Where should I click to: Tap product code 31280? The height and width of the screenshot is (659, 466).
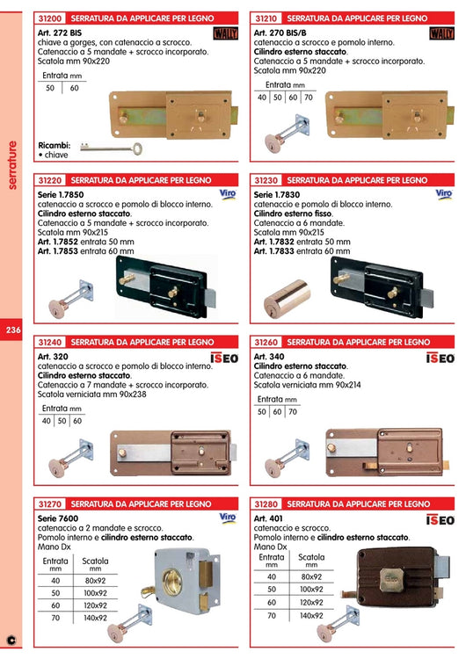tap(266, 504)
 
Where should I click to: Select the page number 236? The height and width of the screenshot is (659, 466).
tap(13, 329)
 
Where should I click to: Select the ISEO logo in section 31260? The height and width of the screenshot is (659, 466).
tap(441, 358)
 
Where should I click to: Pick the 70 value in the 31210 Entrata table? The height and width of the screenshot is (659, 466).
tap(307, 98)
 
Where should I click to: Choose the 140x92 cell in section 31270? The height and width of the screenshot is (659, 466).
tap(95, 618)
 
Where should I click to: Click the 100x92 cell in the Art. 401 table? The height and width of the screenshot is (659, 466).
tap(311, 589)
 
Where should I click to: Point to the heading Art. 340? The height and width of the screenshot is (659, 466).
tap(267, 356)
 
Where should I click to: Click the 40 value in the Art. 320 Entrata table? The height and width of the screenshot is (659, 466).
tap(47, 421)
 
